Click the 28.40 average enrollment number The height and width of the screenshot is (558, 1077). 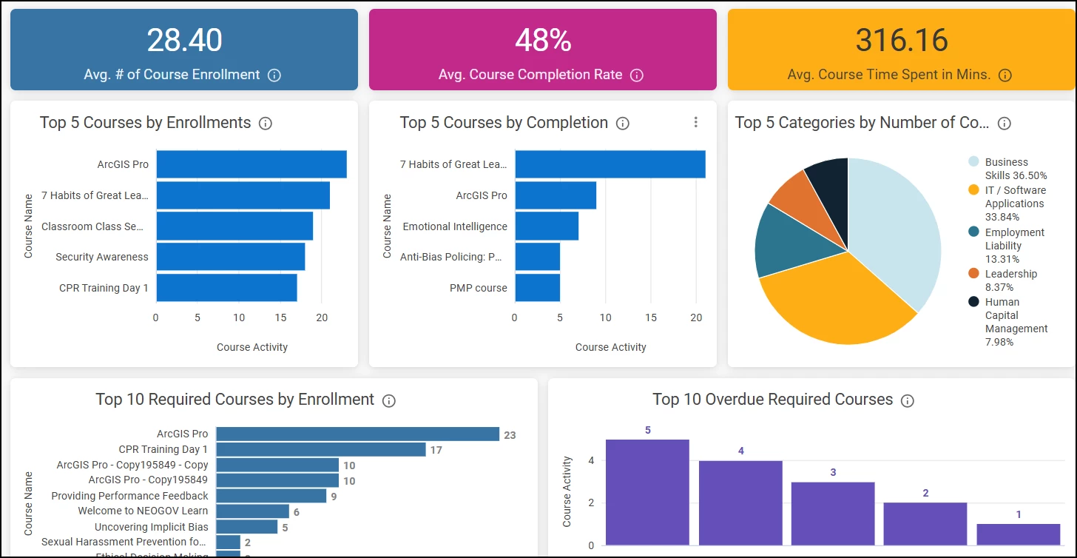(x=184, y=40)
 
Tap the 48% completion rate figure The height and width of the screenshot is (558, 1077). (x=543, y=40)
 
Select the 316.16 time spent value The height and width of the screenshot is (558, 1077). (x=902, y=40)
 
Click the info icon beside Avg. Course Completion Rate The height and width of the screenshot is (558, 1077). (x=636, y=75)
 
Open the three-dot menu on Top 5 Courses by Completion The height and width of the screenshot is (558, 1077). (x=695, y=122)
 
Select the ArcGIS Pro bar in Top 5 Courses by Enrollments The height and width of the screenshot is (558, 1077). (x=251, y=164)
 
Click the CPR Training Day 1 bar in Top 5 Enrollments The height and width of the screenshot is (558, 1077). (x=226, y=288)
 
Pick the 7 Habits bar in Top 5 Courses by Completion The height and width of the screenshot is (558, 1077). (x=610, y=164)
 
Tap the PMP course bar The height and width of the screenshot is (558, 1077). (x=537, y=288)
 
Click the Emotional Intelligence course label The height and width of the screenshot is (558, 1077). (x=455, y=226)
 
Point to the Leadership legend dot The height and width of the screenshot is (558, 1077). (x=974, y=274)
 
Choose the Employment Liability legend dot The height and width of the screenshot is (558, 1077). (x=974, y=232)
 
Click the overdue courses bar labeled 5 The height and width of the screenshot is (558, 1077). (x=647, y=492)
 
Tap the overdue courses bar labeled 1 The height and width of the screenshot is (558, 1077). (x=1018, y=534)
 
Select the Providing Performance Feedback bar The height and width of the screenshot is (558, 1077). (x=271, y=496)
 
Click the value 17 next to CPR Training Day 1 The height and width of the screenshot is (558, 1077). (x=436, y=450)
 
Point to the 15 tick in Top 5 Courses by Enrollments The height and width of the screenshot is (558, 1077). (x=280, y=317)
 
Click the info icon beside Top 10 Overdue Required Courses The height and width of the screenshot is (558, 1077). (x=908, y=400)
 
